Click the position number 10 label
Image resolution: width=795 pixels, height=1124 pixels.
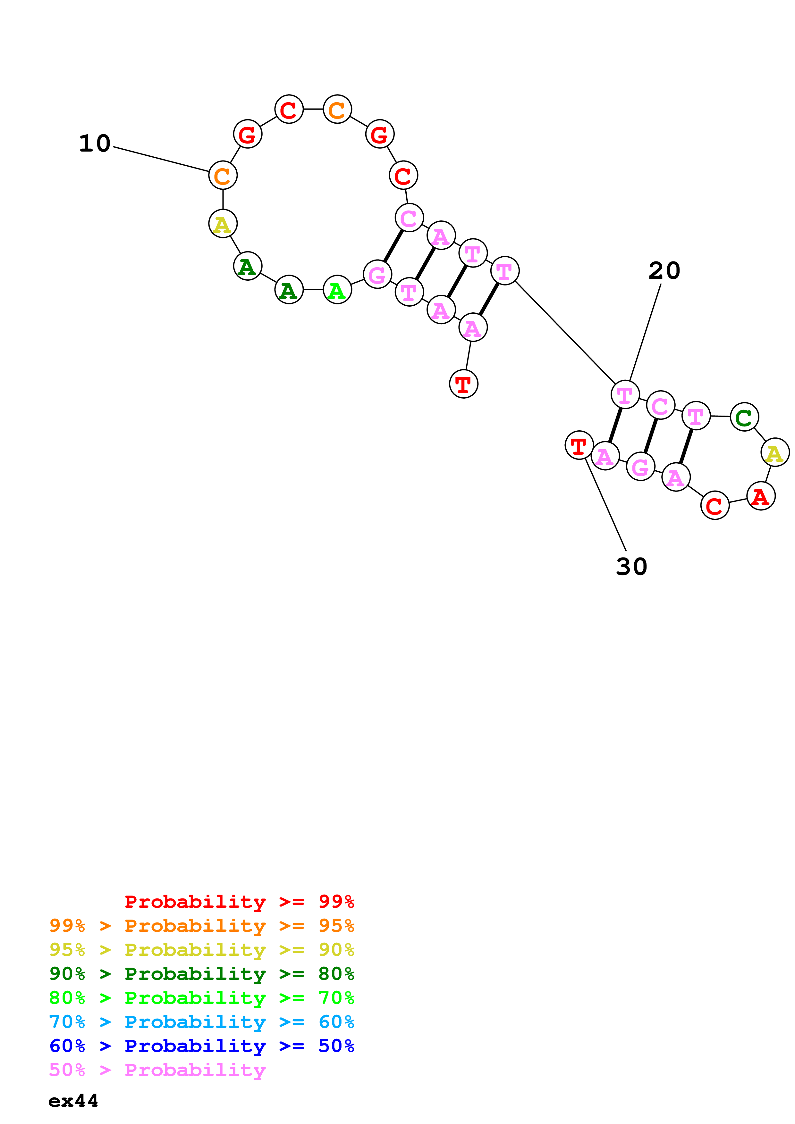click(95, 144)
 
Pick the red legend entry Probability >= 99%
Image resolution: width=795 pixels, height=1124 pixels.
click(239, 901)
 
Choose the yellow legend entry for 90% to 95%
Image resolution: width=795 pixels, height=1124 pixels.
click(201, 949)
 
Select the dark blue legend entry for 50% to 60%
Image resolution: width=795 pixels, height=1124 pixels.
click(201, 1046)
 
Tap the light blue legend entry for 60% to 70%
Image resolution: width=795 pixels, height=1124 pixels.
click(201, 1022)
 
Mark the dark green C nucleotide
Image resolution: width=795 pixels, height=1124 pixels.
click(744, 417)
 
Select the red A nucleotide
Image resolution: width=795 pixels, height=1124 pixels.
click(760, 496)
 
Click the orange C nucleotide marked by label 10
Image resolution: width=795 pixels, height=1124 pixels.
click(223, 175)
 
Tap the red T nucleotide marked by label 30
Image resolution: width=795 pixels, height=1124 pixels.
click(579, 445)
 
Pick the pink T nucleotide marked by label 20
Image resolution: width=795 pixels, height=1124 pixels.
click(625, 394)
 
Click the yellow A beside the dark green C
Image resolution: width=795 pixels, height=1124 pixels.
click(774, 452)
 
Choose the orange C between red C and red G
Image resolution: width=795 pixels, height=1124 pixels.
click(337, 109)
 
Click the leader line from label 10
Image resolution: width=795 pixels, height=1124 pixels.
click(162, 159)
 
